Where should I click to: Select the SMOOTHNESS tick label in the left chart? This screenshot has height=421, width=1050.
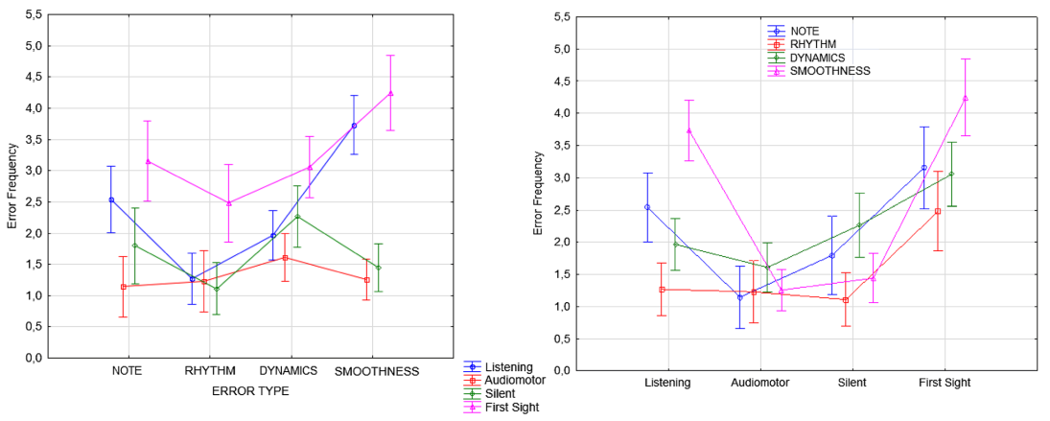click(x=378, y=371)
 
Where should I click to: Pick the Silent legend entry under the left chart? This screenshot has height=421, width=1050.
click(x=502, y=393)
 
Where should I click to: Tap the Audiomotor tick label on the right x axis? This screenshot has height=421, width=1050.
click(x=760, y=383)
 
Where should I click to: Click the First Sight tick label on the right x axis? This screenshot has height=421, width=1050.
click(x=945, y=383)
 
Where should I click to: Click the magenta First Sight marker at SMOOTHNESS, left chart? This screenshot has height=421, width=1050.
click(x=390, y=93)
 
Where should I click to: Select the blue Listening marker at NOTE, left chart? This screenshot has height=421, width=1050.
click(x=111, y=199)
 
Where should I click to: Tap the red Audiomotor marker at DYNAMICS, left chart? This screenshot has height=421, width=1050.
click(x=285, y=258)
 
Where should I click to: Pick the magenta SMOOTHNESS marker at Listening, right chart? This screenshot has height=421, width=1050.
click(x=688, y=130)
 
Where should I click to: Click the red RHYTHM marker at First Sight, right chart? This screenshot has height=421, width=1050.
click(x=938, y=211)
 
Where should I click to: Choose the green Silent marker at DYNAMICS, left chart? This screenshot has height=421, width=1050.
click(x=297, y=217)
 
